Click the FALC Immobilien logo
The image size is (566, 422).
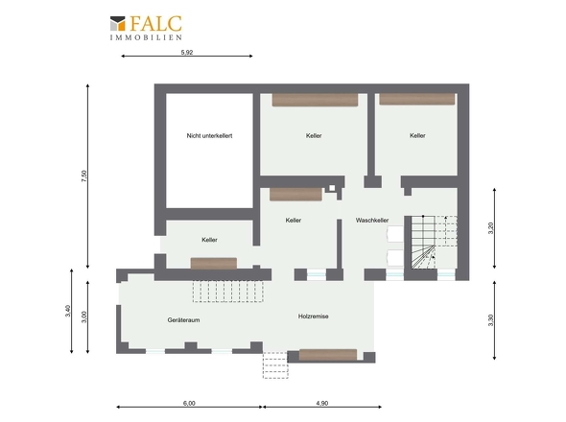click(x=146, y=28)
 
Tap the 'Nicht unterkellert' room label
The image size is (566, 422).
click(x=209, y=136)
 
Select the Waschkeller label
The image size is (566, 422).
click(x=372, y=221)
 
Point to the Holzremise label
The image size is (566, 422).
click(x=314, y=316)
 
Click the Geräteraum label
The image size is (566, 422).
click(x=183, y=319)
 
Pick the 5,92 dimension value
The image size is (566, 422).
click(x=187, y=53)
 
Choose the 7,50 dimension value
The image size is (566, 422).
click(x=84, y=176)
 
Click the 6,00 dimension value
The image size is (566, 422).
click(x=189, y=403)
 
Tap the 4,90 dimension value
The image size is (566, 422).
click(x=322, y=403)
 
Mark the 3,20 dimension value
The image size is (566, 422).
click(x=490, y=228)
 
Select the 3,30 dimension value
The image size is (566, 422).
click(x=490, y=320)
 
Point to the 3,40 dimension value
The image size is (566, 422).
click(x=68, y=311)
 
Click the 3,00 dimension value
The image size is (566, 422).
click(x=84, y=316)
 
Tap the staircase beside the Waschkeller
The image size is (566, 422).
click(x=434, y=243)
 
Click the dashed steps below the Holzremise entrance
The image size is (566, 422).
click(x=275, y=365)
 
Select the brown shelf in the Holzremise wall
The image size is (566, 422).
click(x=328, y=355)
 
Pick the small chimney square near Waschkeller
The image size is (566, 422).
click(x=332, y=188)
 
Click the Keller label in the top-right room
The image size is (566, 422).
click(x=417, y=136)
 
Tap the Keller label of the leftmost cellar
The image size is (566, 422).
click(x=209, y=240)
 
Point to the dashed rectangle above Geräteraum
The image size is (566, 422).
click(x=227, y=291)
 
